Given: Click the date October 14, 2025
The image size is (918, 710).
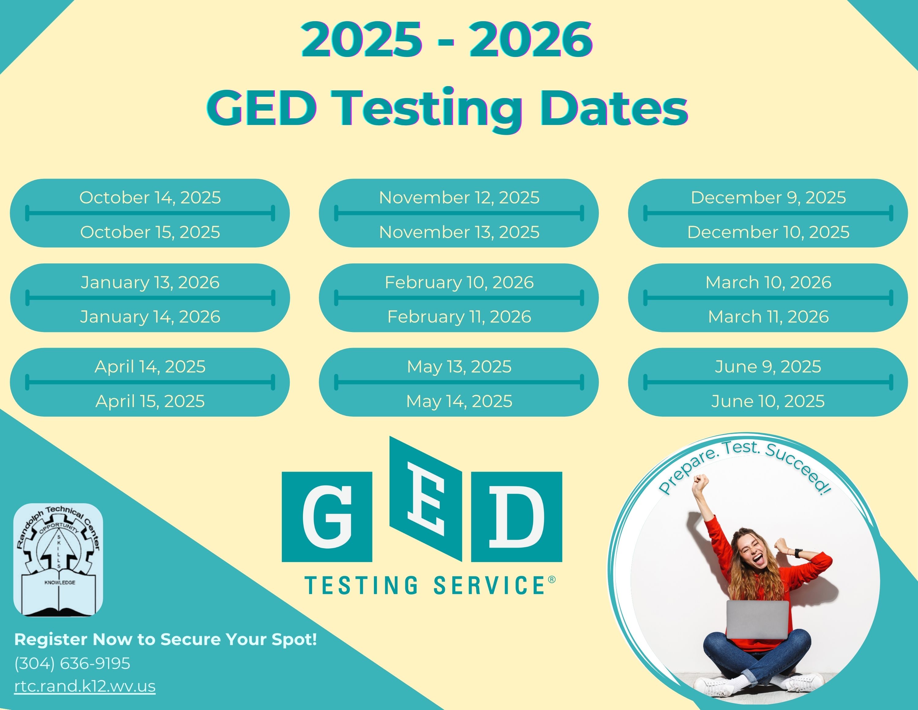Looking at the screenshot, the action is (150, 198).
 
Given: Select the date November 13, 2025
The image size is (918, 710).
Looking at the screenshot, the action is (459, 232).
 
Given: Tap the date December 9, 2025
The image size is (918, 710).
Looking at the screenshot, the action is (768, 198).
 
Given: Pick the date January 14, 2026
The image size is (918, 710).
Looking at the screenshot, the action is (150, 317).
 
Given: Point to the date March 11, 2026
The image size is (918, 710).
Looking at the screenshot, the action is (768, 317).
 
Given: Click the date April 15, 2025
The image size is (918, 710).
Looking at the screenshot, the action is (150, 401).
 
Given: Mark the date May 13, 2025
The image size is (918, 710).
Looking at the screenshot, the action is (459, 367).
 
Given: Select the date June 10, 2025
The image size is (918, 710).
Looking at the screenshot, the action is (768, 401).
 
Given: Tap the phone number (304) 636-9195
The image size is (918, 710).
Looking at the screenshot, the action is (72, 663).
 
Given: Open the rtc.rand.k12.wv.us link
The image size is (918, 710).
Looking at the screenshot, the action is (85, 686).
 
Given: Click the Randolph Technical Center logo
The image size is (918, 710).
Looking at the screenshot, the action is (58, 560).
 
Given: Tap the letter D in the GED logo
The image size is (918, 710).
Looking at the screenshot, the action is (517, 516).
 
